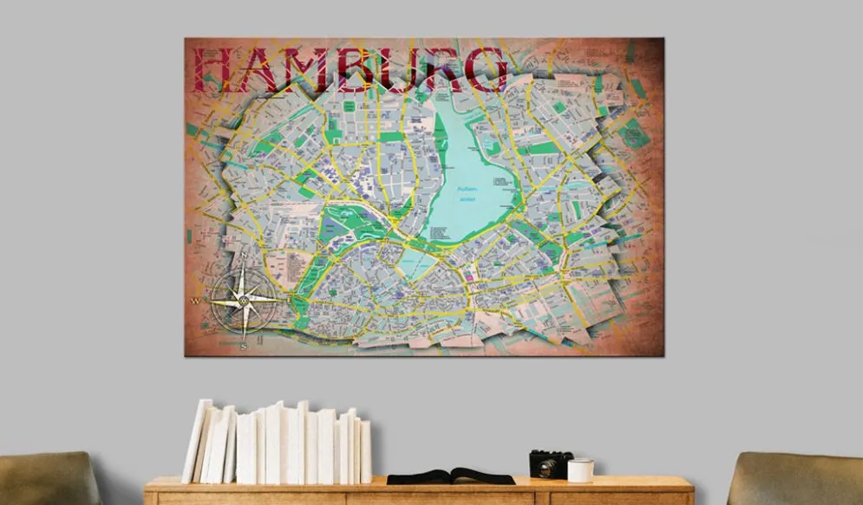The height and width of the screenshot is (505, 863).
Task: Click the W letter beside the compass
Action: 196,301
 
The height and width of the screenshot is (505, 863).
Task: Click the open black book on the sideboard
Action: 450,476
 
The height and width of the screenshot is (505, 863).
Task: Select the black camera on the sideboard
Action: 551,463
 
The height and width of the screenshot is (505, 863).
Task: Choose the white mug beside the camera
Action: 580,469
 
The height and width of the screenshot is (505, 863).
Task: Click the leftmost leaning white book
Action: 196,441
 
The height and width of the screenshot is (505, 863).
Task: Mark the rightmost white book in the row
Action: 365,451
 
